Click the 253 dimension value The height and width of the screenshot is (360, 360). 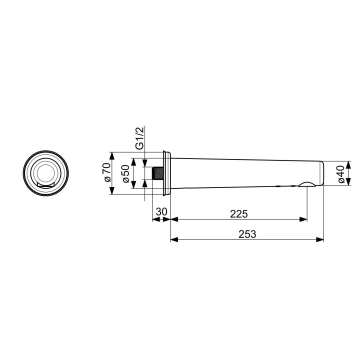(x=246, y=234)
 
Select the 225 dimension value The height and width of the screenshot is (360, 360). (x=238, y=213)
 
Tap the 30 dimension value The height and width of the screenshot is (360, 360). (x=161, y=212)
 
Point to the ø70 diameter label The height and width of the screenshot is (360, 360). (x=105, y=173)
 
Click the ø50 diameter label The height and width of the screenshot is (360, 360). (x=126, y=173)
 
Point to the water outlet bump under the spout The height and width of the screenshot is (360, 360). (x=306, y=185)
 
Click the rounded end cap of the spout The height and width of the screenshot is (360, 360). (x=321, y=173)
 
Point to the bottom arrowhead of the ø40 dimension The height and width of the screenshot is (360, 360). (x=349, y=183)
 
